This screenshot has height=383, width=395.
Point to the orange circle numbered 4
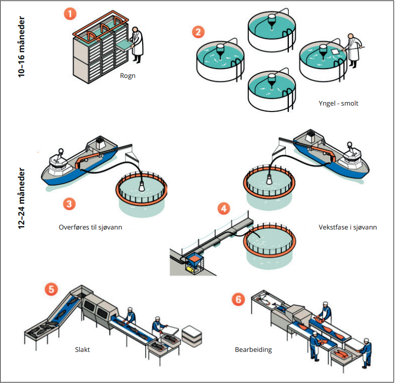(225, 208)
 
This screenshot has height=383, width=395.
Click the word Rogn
(128, 77)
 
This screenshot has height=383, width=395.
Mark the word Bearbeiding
(253, 350)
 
